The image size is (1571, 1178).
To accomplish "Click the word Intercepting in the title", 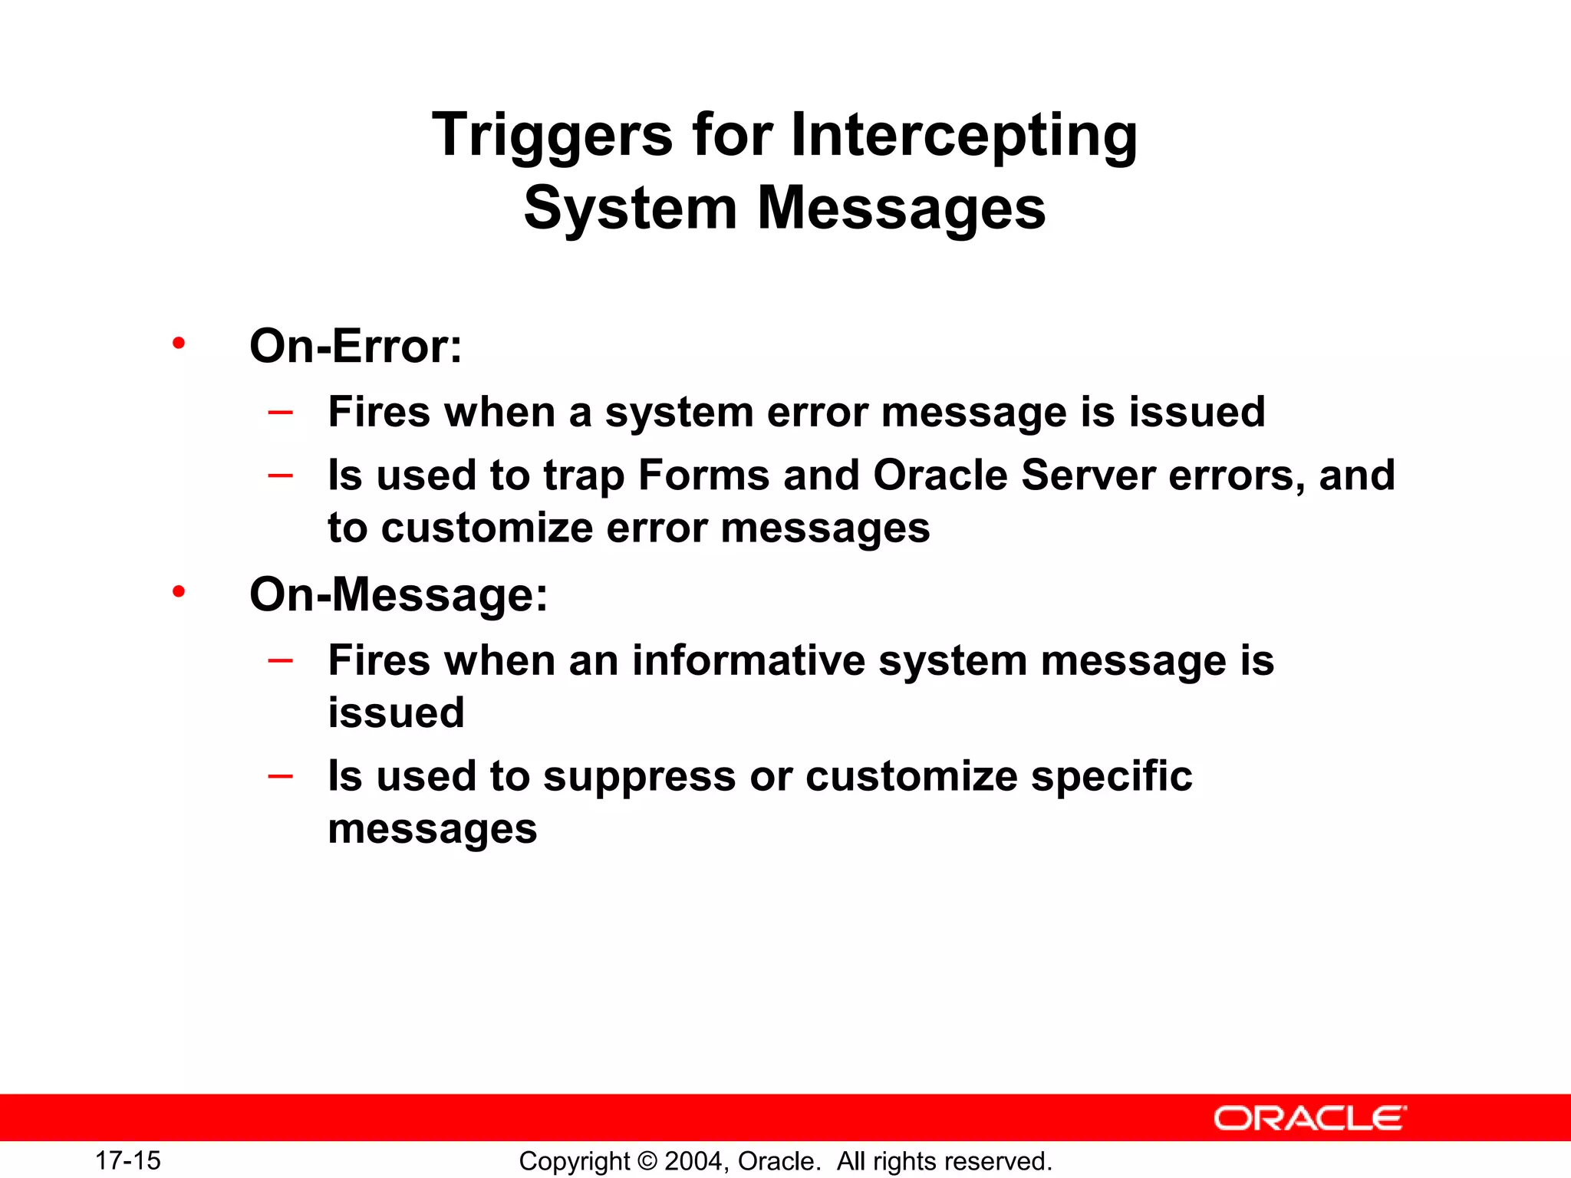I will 963,135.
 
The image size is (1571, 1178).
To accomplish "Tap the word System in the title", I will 630,209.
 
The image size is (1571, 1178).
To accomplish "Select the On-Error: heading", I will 356,346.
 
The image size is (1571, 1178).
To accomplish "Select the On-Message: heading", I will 399,594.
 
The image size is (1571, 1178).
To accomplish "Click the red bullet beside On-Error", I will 179,343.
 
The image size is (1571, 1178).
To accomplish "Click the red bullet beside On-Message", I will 179,591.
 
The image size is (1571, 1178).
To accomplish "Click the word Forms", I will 703,475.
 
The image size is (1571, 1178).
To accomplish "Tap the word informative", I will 748,660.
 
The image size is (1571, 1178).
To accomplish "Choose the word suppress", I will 640,777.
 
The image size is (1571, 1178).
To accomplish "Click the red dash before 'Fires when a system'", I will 281,413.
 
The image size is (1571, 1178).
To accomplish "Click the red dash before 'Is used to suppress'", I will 281,776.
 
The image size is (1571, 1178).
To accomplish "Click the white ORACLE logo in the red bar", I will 1309,1118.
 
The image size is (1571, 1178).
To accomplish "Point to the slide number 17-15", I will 127,1160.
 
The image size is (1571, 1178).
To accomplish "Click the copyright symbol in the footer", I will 647,1161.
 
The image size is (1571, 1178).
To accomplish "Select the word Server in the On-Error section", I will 1088,475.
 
